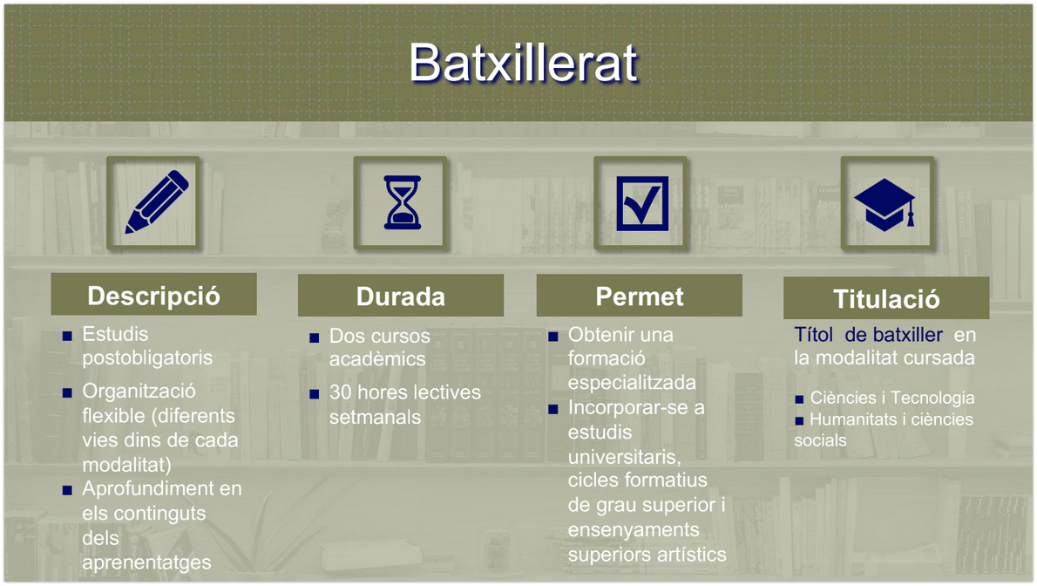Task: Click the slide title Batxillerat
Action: click(523, 62)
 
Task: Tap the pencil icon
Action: click(156, 202)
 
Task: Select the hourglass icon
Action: click(402, 203)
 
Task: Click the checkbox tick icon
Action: click(642, 203)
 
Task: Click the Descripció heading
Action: click(153, 296)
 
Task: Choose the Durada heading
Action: click(401, 296)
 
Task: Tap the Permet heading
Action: click(639, 296)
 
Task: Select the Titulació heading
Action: click(886, 299)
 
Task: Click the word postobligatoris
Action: click(147, 358)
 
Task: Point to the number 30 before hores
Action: click(340, 392)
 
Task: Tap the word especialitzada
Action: click(632, 383)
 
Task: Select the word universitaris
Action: click(623, 456)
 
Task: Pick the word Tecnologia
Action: click(932, 398)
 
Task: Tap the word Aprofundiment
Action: click(149, 488)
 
